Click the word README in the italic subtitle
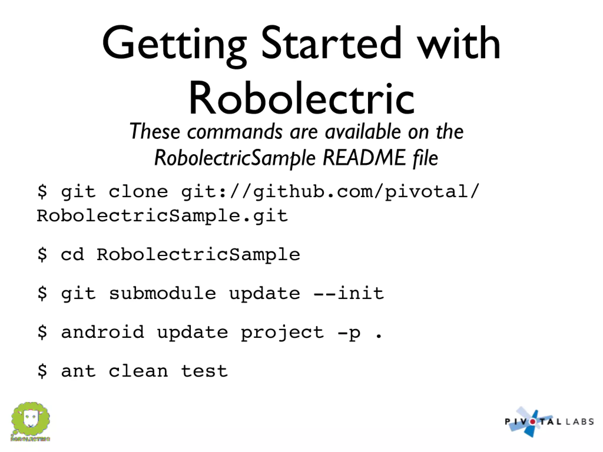pyautogui.click(x=364, y=158)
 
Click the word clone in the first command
pyautogui.click(x=138, y=192)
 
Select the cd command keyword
pyautogui.click(x=72, y=255)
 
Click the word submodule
pyautogui.click(x=162, y=293)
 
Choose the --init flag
pyautogui.click(x=349, y=293)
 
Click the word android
pyautogui.click(x=102, y=332)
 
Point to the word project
pyautogui.click(x=282, y=333)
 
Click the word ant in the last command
pyautogui.click(x=78, y=371)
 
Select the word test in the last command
pyautogui.click(x=204, y=371)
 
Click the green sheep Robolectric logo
pyautogui.click(x=30, y=421)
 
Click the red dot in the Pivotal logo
pyautogui.click(x=533, y=422)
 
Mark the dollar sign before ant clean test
pyautogui.click(x=42, y=371)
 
